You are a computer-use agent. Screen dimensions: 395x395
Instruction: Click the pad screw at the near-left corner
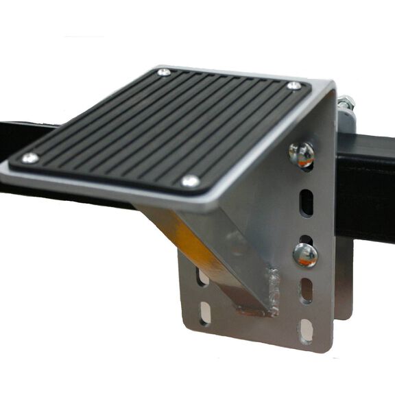click(30, 158)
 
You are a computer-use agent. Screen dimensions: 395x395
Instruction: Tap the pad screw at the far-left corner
click(163, 71)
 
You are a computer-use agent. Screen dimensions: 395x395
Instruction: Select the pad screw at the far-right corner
click(294, 86)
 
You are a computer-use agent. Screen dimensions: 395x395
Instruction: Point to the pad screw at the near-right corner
click(191, 181)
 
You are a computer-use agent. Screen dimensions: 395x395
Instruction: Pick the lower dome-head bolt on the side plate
click(305, 254)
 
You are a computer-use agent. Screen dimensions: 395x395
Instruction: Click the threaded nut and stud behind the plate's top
click(346, 108)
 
